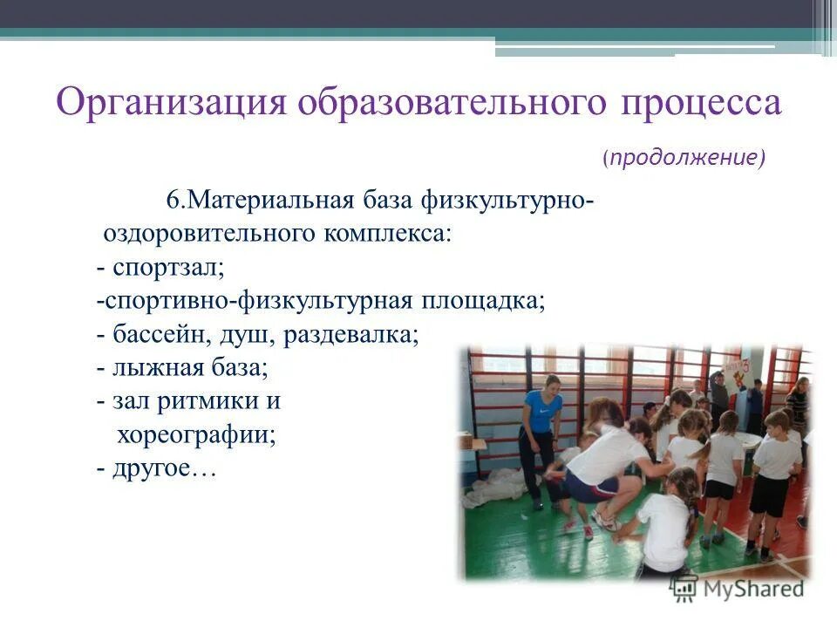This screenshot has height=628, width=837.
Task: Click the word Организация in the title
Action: click(x=171, y=104)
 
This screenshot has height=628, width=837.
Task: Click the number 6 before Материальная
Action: click(x=173, y=200)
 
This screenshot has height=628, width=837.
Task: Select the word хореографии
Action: click(x=196, y=434)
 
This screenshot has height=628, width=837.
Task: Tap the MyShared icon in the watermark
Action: click(x=684, y=589)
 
